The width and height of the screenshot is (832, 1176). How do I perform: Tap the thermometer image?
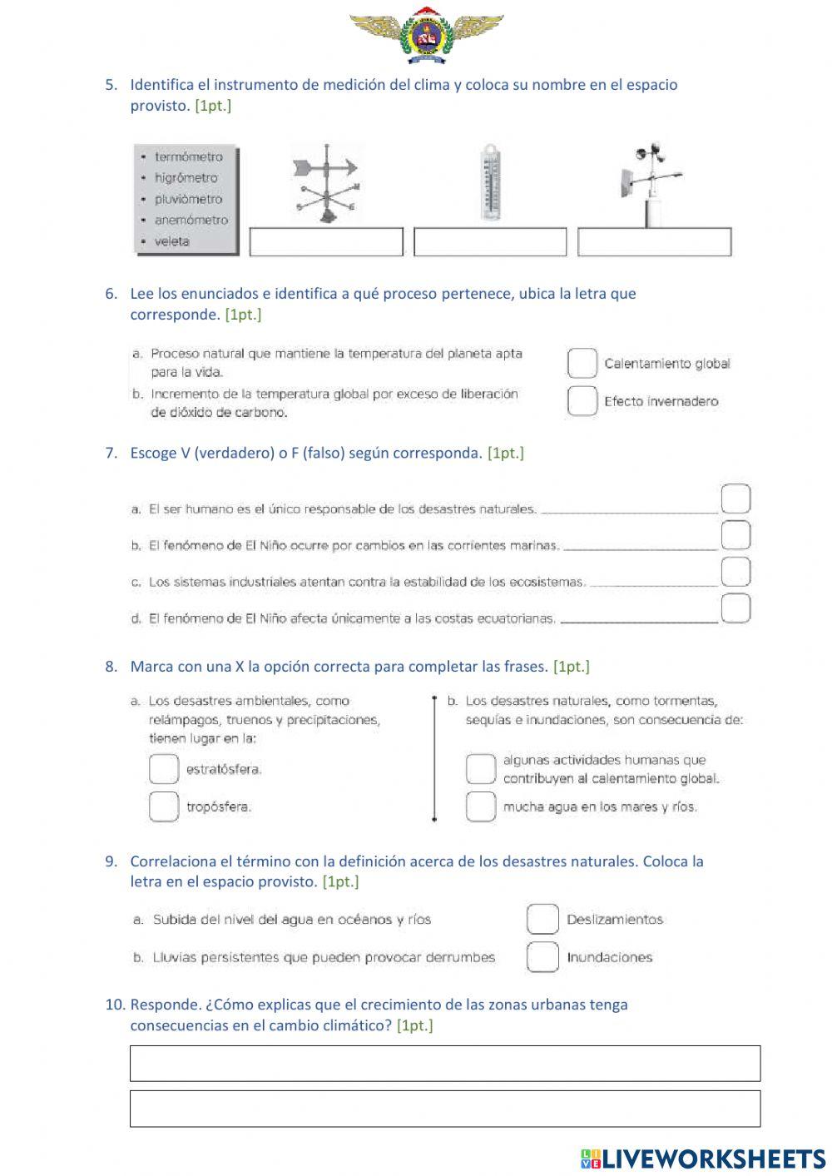click(x=490, y=183)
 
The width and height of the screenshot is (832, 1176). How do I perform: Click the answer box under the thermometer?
click(x=490, y=242)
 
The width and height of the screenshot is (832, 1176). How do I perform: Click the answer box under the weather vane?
click(x=326, y=242)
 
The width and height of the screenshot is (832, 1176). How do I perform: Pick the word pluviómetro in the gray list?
click(x=188, y=199)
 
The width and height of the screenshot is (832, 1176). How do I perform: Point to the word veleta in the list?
click(x=171, y=241)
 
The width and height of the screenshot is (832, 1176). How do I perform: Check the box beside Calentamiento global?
click(x=582, y=363)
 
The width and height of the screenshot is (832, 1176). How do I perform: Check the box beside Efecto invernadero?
click(x=582, y=400)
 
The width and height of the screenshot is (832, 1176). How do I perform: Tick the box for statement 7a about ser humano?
click(x=735, y=499)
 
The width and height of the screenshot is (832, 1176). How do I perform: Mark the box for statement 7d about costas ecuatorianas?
click(x=735, y=608)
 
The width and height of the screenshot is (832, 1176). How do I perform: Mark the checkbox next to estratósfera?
click(x=164, y=769)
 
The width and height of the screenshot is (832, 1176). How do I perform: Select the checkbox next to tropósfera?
click(x=164, y=806)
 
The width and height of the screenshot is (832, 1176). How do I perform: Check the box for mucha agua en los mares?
click(x=480, y=806)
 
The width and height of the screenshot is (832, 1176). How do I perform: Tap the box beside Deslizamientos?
click(x=542, y=919)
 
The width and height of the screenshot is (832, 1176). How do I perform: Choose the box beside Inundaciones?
click(x=542, y=957)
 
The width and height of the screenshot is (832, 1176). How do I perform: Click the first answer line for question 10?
click(x=445, y=1064)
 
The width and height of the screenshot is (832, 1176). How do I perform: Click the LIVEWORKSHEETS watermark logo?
click(x=703, y=1159)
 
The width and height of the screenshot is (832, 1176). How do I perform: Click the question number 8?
click(x=111, y=667)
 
